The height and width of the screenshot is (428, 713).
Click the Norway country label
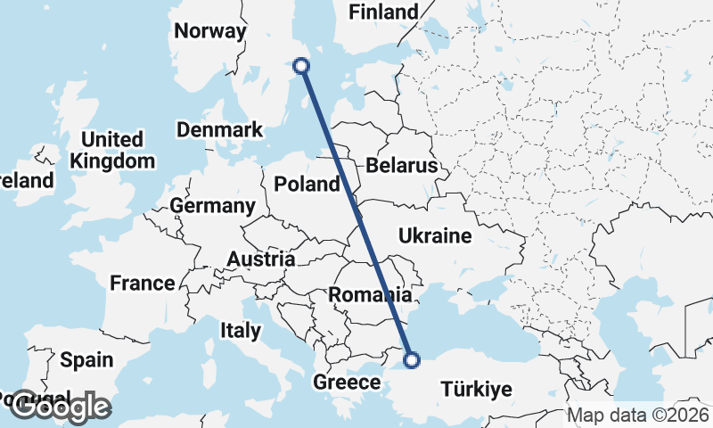click(x=210, y=31)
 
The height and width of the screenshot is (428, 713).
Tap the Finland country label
click(x=383, y=12)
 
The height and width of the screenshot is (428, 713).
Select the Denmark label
click(x=219, y=129)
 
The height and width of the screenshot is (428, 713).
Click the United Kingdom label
click(x=111, y=151)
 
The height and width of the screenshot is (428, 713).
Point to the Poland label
click(x=307, y=185)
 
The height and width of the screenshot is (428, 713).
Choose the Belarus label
click(x=401, y=166)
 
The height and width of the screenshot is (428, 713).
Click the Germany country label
click(x=212, y=206)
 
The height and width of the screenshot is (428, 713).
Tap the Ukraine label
click(x=434, y=236)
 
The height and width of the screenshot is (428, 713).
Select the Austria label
click(x=261, y=259)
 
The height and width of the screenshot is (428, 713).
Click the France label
click(x=142, y=284)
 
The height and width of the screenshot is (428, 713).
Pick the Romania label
click(x=370, y=294)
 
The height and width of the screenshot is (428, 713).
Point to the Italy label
click(x=241, y=331)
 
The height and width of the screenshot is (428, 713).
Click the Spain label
click(x=86, y=360)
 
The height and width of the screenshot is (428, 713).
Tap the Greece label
click(x=348, y=383)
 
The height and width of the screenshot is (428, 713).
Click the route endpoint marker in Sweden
click(x=301, y=65)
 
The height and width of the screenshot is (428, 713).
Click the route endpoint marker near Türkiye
click(x=412, y=360)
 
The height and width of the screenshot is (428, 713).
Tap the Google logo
click(x=60, y=407)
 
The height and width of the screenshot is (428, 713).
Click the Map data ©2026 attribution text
click(x=638, y=415)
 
